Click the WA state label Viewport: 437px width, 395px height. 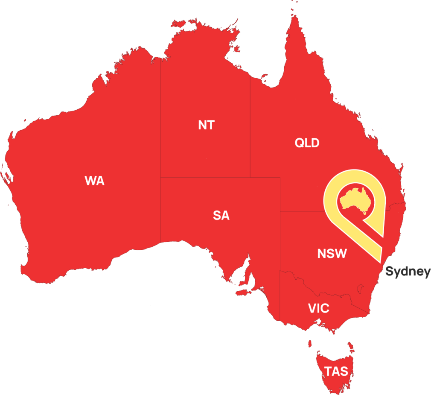pyautogui.click(x=94, y=181)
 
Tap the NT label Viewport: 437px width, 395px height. pyautogui.click(x=207, y=125)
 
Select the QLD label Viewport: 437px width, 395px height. pyautogui.click(x=307, y=143)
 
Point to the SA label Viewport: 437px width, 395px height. pyautogui.click(x=221, y=216)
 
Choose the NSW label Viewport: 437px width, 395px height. pyautogui.click(x=332, y=254)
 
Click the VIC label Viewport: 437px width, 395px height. pyautogui.click(x=319, y=308)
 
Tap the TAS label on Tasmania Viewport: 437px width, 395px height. pyautogui.click(x=336, y=371)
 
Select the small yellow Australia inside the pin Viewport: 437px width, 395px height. pyautogui.click(x=355, y=199)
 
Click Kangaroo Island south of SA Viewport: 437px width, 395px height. pyautogui.click(x=244, y=293)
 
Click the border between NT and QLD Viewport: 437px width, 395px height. pyautogui.click(x=250, y=128)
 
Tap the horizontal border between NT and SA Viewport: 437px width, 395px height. pyautogui.click(x=205, y=177)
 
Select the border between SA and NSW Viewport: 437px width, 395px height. pyautogui.click(x=280, y=239)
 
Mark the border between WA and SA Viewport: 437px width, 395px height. pyautogui.click(x=161, y=209)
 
